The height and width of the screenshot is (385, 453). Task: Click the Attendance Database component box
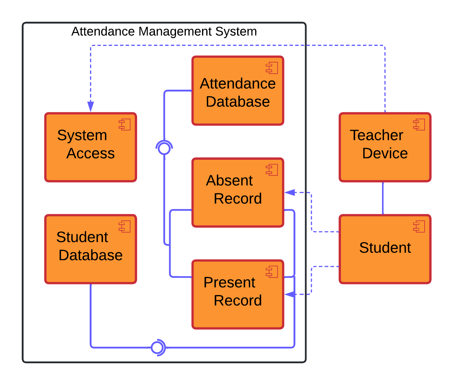[238, 91]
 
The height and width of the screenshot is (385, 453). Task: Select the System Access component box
[91, 147]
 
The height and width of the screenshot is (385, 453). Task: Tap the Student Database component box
[91, 249]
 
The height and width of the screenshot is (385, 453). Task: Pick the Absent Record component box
[238, 192]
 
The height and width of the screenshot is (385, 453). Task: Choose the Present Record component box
[238, 294]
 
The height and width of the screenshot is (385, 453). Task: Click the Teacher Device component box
[385, 147]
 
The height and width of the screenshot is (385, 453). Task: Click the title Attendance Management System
[164, 31]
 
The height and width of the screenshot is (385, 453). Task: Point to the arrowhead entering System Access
[91, 107]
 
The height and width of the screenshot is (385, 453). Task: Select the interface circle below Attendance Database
[164, 149]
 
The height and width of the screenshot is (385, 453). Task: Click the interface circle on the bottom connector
[157, 348]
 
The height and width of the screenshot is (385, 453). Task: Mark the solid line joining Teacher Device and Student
[383, 198]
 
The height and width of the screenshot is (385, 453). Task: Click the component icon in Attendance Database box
[272, 68]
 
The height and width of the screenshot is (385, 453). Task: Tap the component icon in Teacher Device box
[419, 124]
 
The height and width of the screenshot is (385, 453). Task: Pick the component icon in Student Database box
[124, 226]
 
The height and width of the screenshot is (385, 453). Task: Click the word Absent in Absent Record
[229, 181]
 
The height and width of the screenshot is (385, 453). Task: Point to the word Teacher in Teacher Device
[376, 135]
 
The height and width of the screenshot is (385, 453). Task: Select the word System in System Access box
[82, 135]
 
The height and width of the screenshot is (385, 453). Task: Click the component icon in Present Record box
[272, 272]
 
